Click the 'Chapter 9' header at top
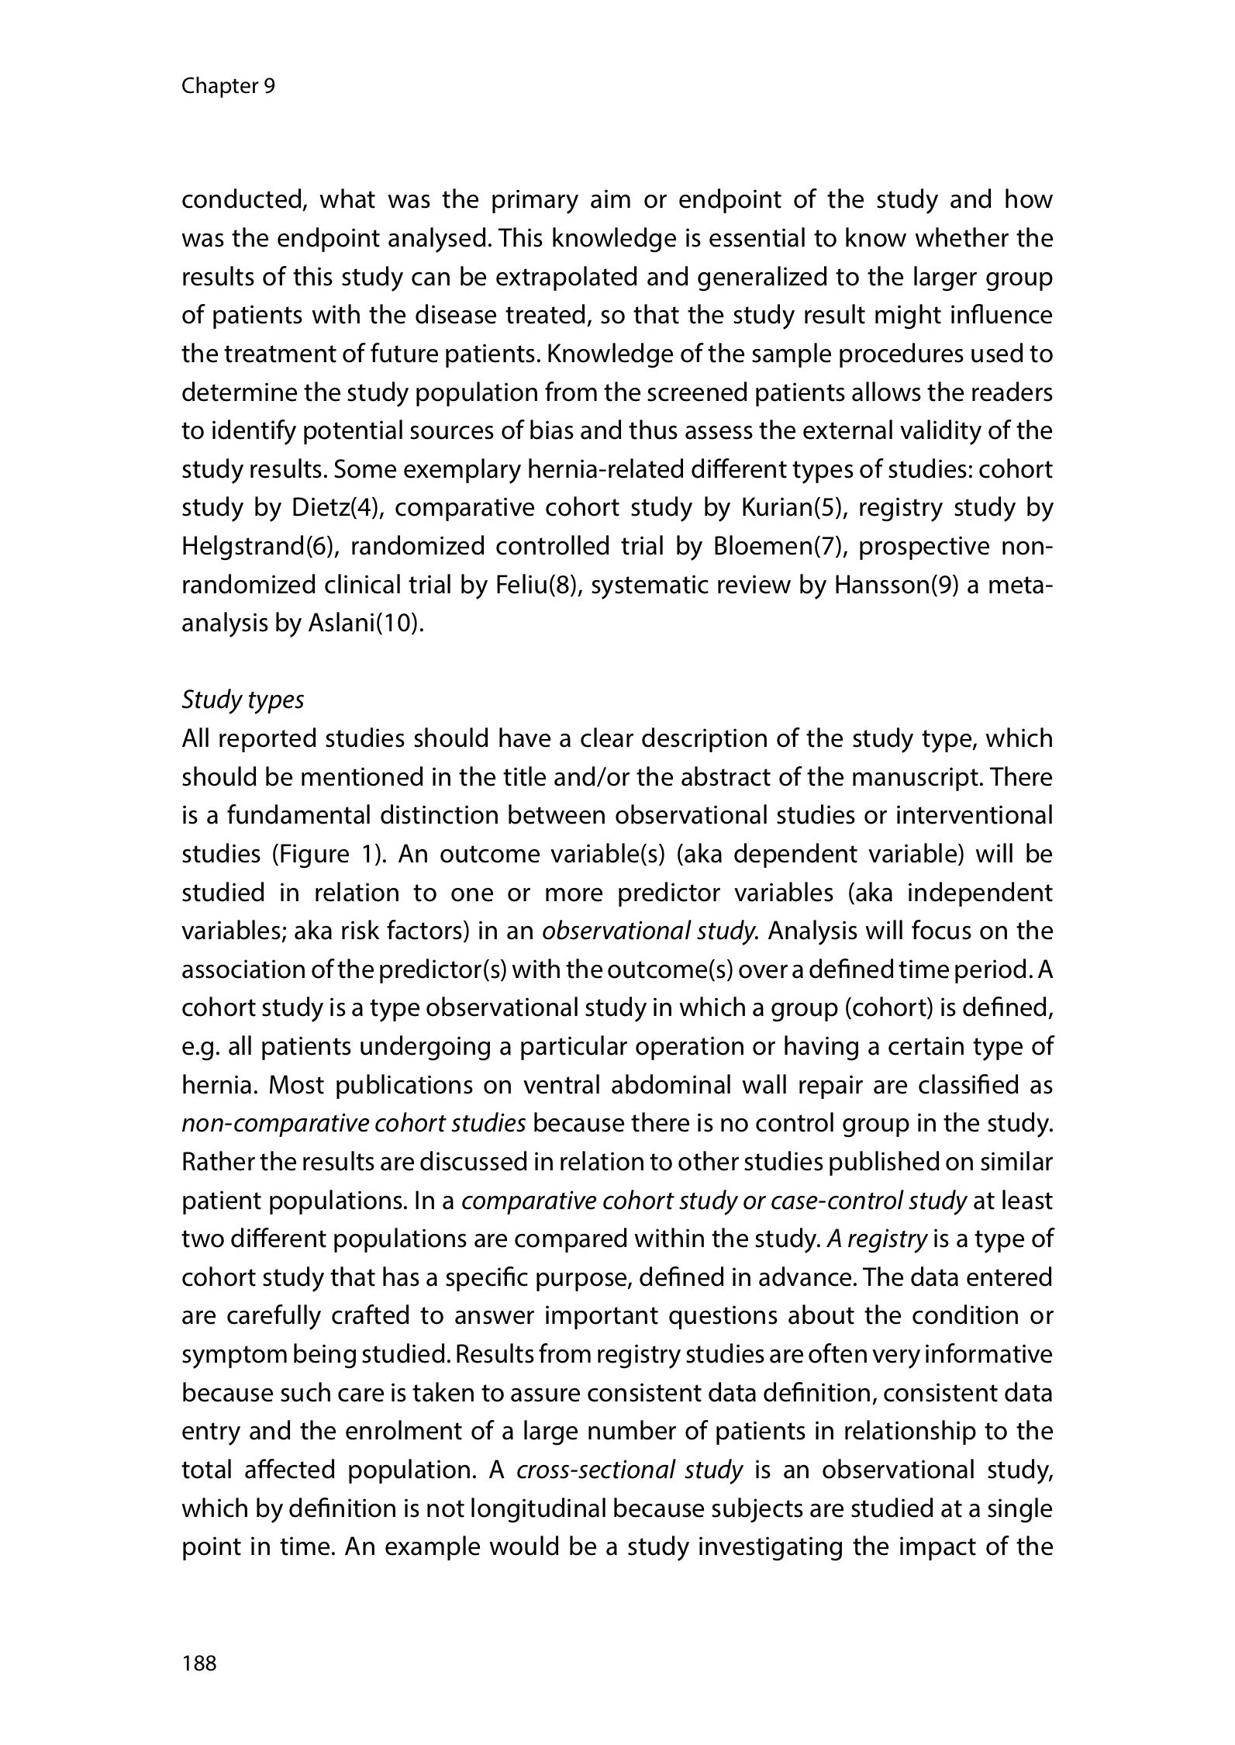coord(227,86)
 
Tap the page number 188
coord(199,1663)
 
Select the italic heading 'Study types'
coord(243,700)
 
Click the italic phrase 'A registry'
coord(876,1239)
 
